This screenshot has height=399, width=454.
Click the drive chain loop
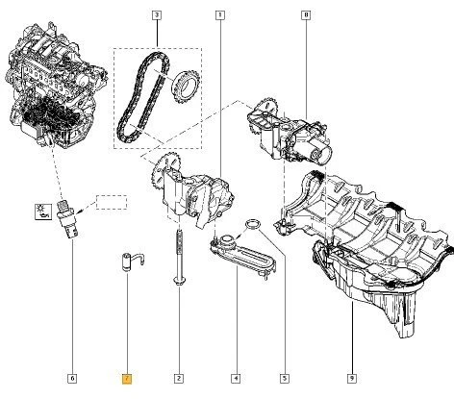(x=134, y=97)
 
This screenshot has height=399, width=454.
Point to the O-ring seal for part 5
(x=252, y=225)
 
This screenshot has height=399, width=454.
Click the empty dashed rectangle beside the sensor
(x=110, y=203)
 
